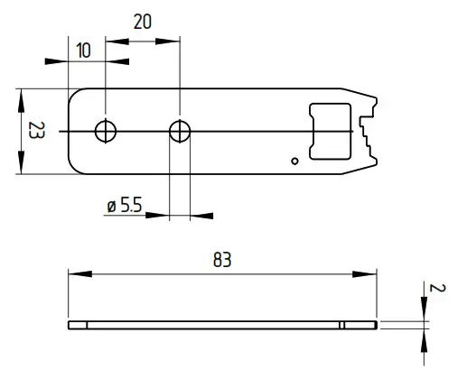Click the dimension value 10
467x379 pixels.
pyautogui.click(x=83, y=51)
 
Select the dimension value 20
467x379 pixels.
pyautogui.click(x=142, y=22)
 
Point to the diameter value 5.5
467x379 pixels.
pyautogui.click(x=130, y=207)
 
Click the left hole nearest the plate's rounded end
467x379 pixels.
pyautogui.click(x=106, y=132)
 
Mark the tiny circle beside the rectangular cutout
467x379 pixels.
pyautogui.click(x=294, y=162)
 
